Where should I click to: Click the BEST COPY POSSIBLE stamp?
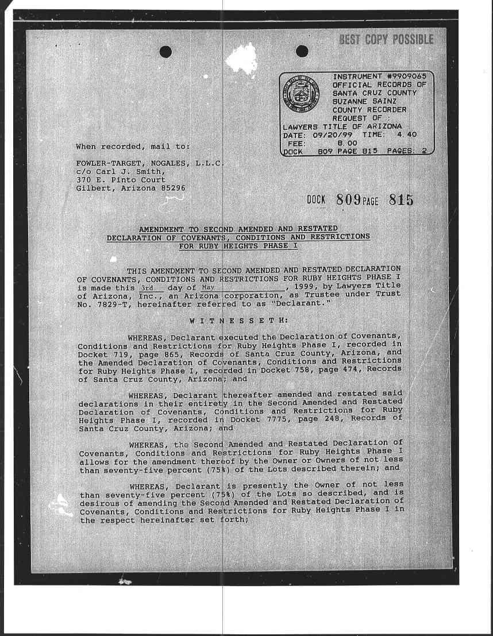tap(386, 40)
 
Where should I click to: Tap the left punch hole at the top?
tap(165, 52)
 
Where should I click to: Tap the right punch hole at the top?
tap(302, 52)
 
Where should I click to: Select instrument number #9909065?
tap(405, 76)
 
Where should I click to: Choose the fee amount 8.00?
tap(347, 142)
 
